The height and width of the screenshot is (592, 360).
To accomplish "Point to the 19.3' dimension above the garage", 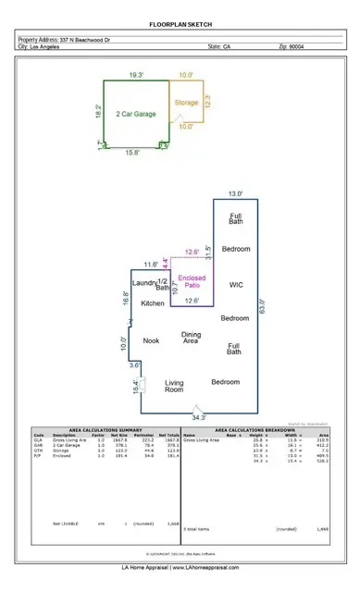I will click(136, 75).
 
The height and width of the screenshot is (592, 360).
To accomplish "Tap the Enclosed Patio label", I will click(191, 282).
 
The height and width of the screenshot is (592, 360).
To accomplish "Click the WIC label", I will click(235, 284).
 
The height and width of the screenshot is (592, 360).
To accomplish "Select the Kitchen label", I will click(153, 303).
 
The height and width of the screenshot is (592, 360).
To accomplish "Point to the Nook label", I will click(151, 340).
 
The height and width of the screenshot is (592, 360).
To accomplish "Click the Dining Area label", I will click(191, 339).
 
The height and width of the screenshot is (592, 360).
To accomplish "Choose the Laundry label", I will click(146, 282).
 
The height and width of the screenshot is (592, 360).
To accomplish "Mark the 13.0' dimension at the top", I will click(237, 194).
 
